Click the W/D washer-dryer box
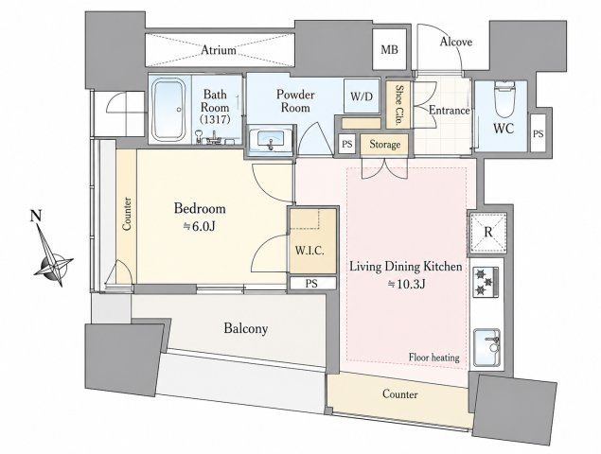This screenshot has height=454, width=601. coord(362,96)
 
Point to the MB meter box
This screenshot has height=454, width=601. coord(389,49)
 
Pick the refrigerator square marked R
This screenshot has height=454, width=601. coord(488,233)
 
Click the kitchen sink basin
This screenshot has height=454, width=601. coord(487,347)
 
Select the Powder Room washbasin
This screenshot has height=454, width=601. coord(271,141)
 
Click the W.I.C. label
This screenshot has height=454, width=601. coord(309,251)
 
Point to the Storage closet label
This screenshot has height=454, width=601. coord(385,145)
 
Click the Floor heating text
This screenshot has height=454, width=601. coord(433,358)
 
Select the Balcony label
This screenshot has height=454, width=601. coord(246,328)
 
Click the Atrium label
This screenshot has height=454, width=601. coord(219,50)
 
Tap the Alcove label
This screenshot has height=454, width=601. coord(456,42)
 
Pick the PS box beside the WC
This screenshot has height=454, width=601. coord(539,132)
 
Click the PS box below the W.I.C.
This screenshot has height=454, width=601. coord(311,284)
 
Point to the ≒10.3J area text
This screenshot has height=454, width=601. coord(406,284)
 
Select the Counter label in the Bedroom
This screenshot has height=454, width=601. coord(127,214)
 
